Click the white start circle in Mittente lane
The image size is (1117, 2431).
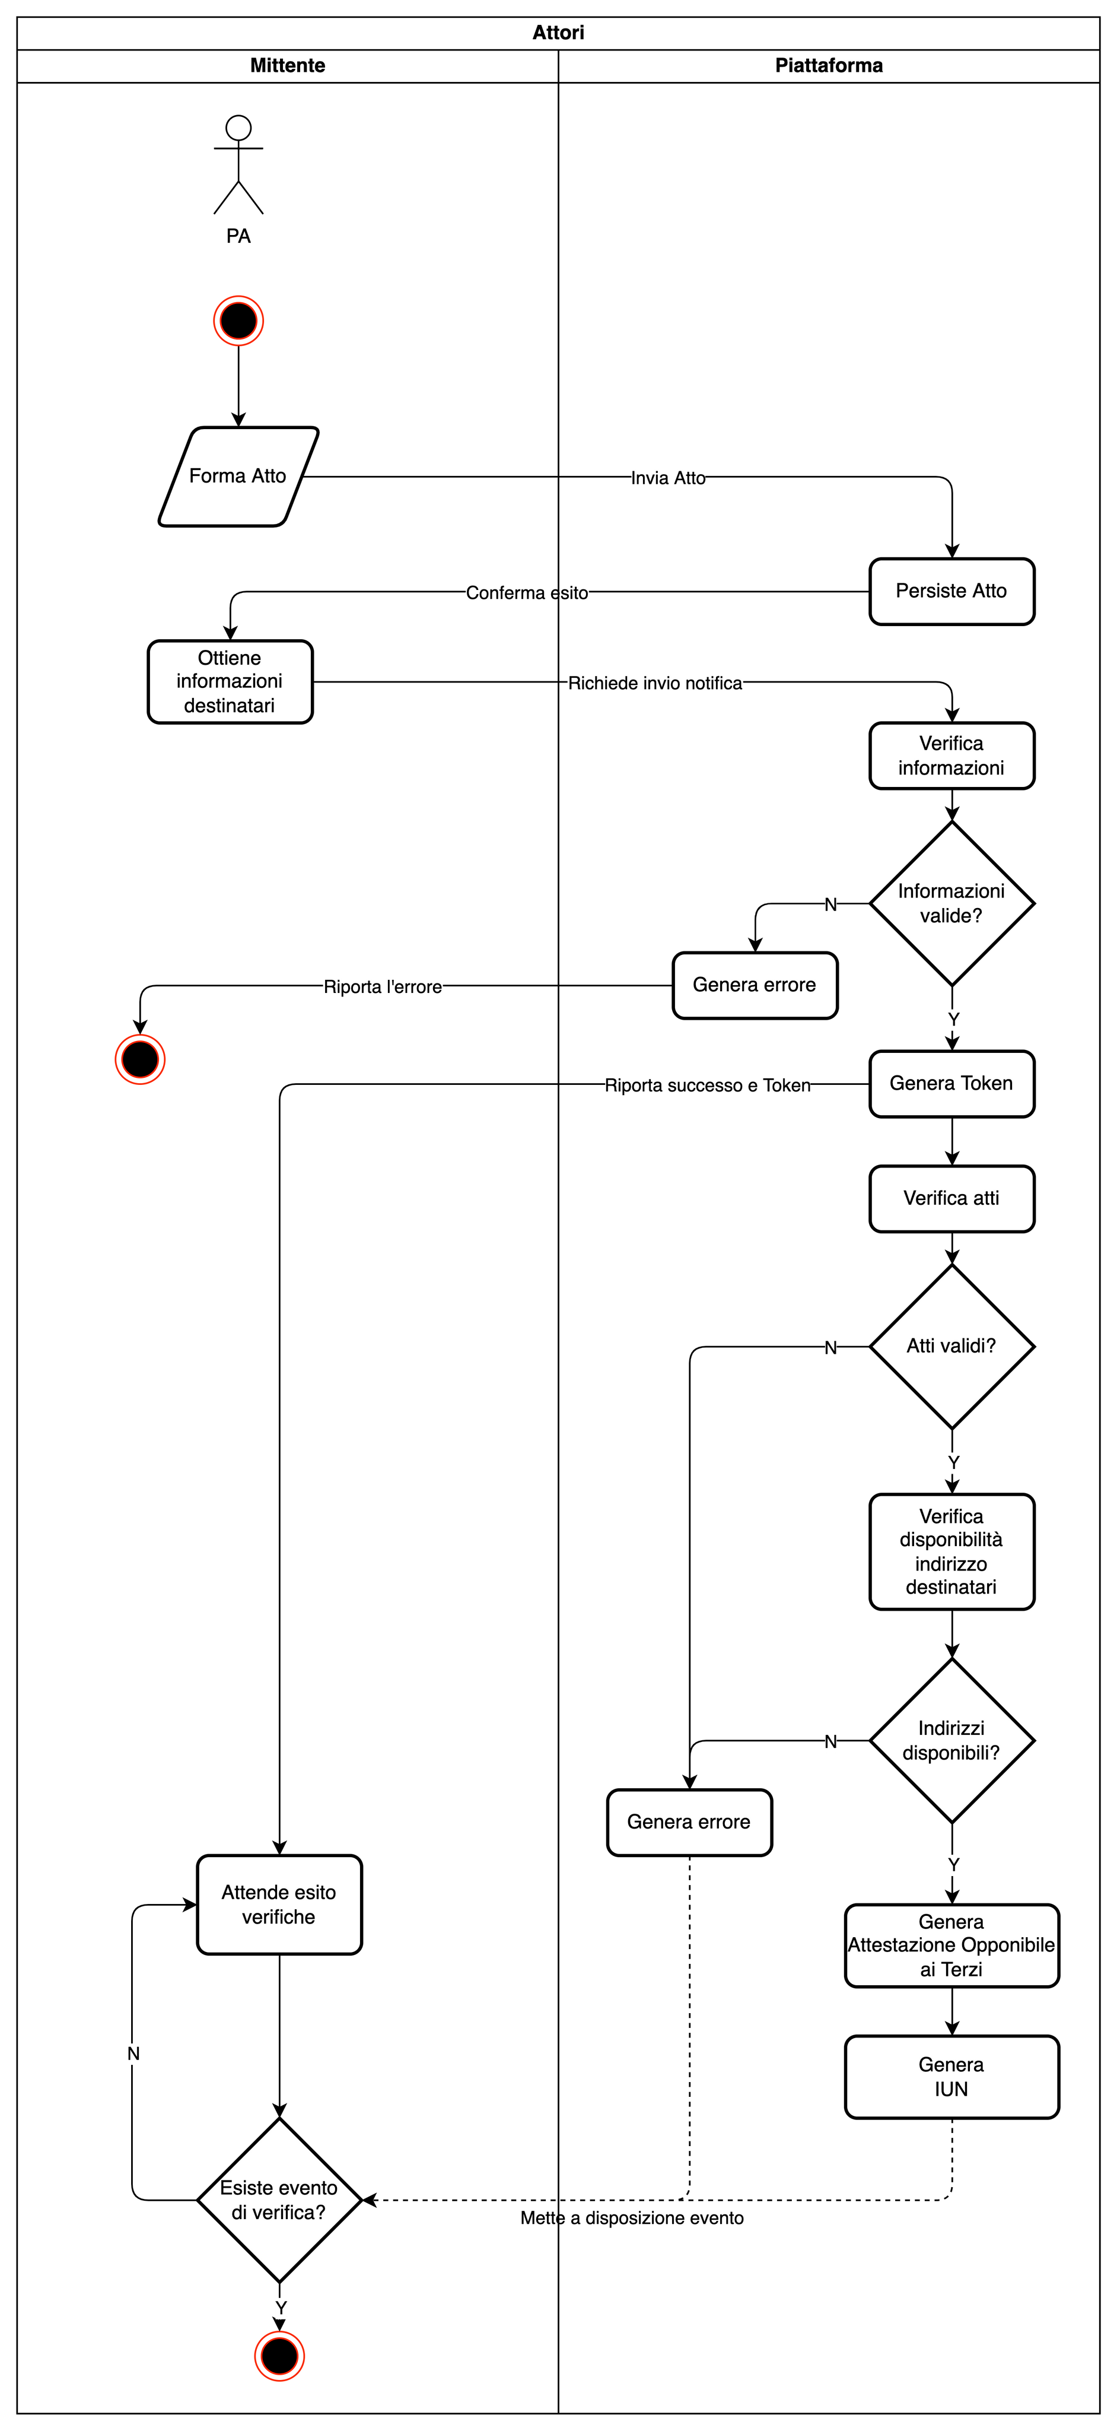point(238,128)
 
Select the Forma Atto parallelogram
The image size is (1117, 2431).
point(238,477)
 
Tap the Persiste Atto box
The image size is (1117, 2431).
point(951,592)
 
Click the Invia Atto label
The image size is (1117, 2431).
point(668,478)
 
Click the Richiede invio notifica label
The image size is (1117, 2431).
point(655,683)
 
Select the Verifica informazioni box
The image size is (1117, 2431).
point(951,756)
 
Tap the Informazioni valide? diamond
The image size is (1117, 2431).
point(951,903)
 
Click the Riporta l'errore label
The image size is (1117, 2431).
point(382,987)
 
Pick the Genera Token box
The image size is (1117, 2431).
point(951,1083)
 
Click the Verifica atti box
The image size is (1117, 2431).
point(951,1198)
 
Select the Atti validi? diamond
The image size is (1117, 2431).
point(951,1345)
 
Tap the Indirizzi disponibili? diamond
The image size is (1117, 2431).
point(951,1740)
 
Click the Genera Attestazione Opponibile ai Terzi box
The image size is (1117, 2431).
point(951,1945)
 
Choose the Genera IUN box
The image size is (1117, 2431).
point(951,2076)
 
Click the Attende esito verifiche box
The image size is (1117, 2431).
point(279,1905)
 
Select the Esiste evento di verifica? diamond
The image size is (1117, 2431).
point(279,2200)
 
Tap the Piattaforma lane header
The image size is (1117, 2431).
point(828,66)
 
